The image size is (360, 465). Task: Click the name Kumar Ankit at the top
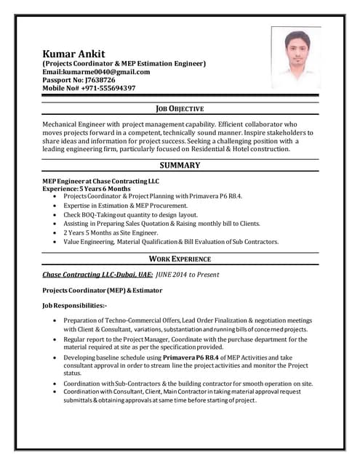coord(73,54)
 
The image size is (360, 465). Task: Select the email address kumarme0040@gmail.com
coord(96,72)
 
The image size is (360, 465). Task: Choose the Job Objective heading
coord(180,108)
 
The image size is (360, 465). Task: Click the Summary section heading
coord(180,166)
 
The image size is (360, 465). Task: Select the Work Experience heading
coord(180,259)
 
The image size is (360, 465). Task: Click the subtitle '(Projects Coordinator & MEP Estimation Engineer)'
coord(124,64)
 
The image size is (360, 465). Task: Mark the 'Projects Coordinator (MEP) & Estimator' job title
coord(102,290)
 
